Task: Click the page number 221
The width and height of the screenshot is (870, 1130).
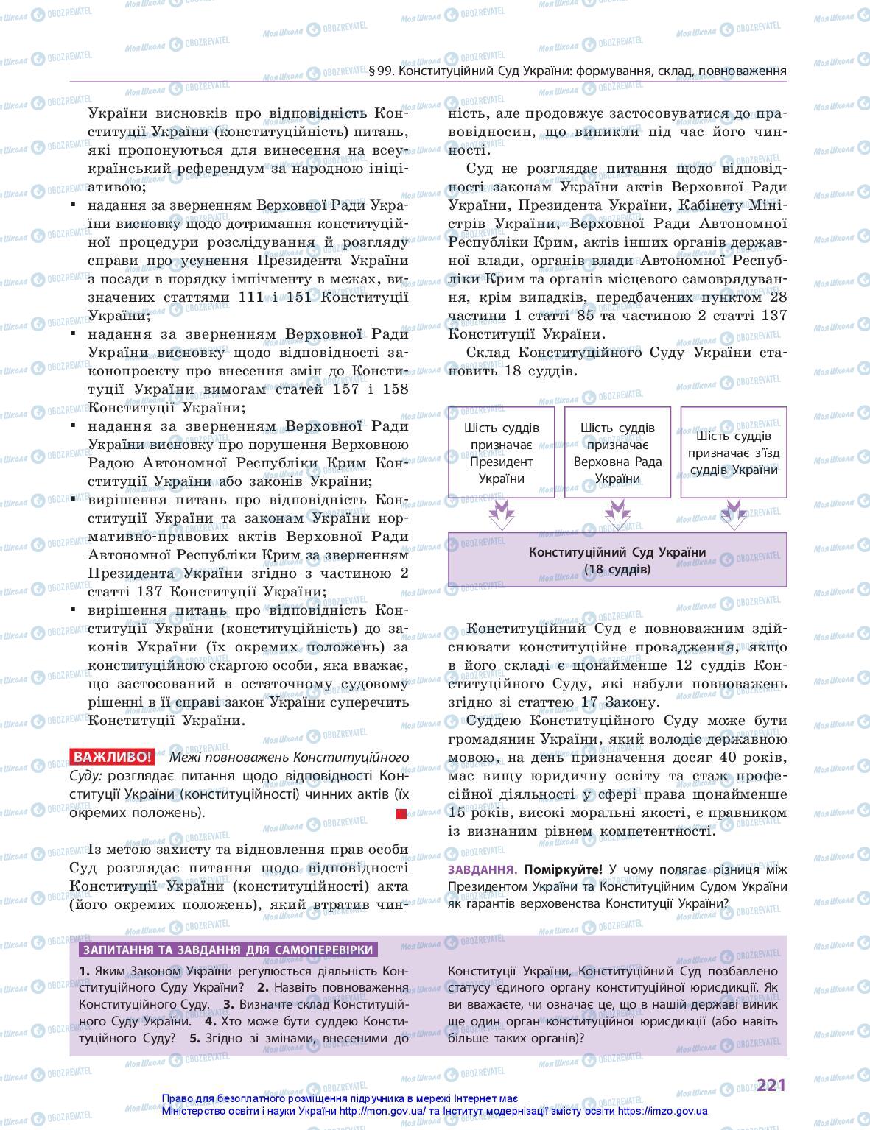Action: [x=771, y=1084]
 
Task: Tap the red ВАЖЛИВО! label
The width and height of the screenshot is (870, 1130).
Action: [x=112, y=757]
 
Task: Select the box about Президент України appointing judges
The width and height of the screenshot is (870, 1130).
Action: [x=501, y=453]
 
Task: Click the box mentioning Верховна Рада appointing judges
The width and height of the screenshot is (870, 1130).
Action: [x=617, y=453]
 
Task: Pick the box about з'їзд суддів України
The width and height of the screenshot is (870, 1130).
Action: [x=733, y=453]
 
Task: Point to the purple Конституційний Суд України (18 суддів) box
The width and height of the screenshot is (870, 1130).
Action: [x=617, y=560]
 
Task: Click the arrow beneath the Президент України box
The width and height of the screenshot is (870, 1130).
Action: [x=501, y=513]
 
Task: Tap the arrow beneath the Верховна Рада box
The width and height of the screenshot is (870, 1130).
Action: [x=617, y=513]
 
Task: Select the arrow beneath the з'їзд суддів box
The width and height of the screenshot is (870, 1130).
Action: [x=733, y=513]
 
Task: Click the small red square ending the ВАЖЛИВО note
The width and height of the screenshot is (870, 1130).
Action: [x=401, y=813]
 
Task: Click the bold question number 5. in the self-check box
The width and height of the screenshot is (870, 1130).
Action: [x=194, y=1038]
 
